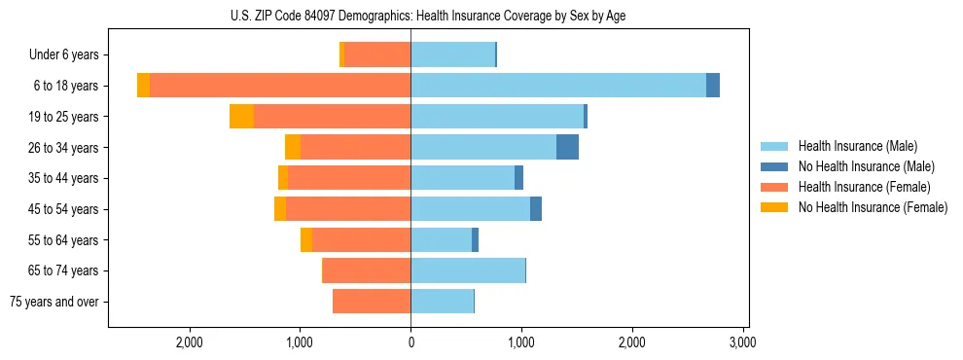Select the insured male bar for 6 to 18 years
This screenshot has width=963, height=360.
558,86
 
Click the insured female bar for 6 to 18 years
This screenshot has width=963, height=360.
280,86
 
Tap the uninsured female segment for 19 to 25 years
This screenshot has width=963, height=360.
241,117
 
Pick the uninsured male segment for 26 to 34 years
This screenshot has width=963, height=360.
567,147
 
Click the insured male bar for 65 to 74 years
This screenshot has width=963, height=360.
468,270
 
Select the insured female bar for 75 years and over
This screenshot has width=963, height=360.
372,302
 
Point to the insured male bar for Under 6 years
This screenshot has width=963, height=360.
452,54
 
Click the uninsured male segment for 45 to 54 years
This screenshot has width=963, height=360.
536,209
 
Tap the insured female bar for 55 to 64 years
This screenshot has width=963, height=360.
361,239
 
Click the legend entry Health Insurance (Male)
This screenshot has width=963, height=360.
857,146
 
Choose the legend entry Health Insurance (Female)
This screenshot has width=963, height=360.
864,187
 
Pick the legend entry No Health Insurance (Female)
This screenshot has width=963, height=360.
872,207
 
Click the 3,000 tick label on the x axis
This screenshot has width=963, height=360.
743,342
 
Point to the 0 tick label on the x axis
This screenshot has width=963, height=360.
410,342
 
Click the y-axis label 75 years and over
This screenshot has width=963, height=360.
54,302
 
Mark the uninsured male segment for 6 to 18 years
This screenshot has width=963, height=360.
713,86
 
